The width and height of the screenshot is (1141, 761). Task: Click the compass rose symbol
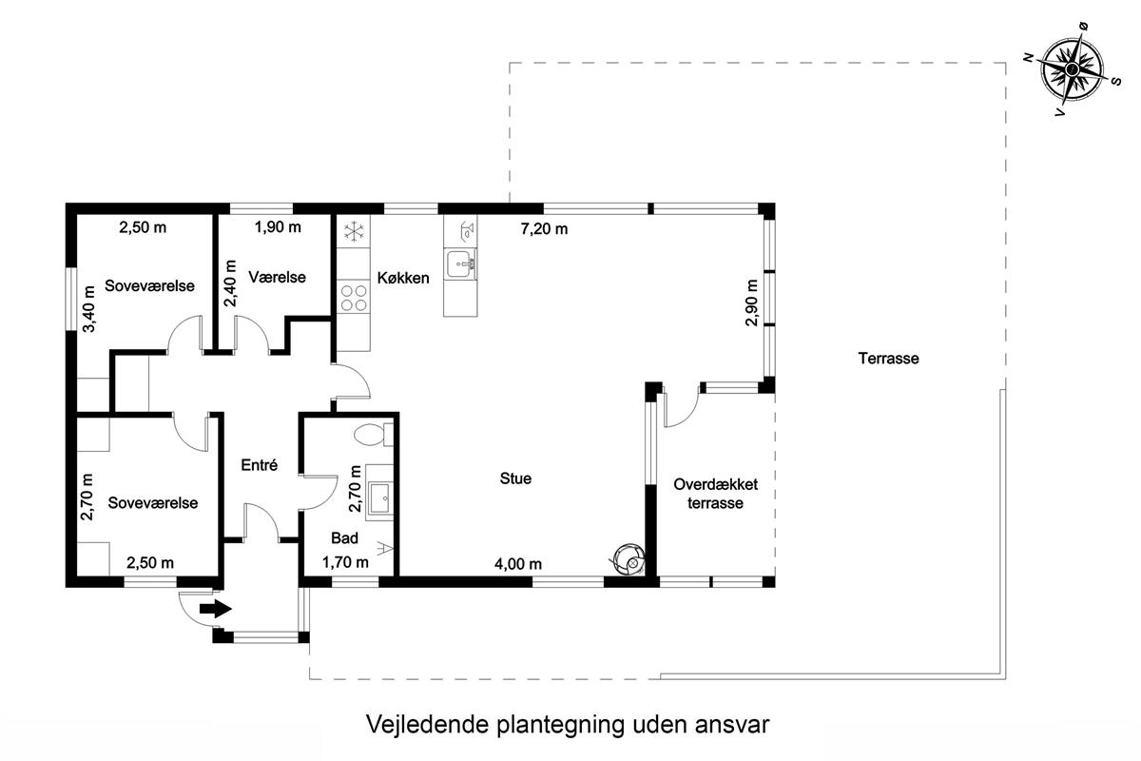(x=1073, y=68)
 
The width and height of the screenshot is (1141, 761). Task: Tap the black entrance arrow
(x=216, y=609)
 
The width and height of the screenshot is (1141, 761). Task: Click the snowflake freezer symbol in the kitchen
(x=354, y=231)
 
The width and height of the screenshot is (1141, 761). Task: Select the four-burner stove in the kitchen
(x=354, y=298)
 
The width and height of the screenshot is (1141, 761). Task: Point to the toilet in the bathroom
(x=374, y=435)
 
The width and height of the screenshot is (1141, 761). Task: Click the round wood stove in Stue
(x=629, y=559)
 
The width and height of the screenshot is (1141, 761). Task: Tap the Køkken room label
(x=403, y=278)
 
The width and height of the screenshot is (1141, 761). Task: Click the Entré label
(x=260, y=465)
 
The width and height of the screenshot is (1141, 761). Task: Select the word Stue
(x=515, y=478)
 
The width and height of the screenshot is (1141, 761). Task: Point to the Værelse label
(x=277, y=277)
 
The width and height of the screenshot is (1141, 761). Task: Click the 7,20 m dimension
(x=544, y=229)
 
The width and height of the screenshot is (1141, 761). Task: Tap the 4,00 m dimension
(x=518, y=564)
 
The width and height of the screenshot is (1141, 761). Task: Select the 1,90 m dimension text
(x=278, y=226)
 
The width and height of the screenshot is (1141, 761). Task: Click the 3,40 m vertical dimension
(x=88, y=309)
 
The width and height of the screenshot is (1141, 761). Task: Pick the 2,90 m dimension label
(x=751, y=302)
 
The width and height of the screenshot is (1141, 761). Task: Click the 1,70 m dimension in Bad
(x=345, y=562)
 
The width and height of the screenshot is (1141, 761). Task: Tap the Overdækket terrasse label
(x=715, y=494)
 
